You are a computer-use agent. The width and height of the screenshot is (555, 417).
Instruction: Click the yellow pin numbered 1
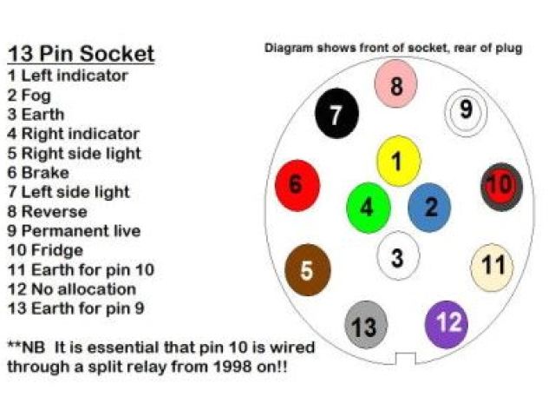pos(398,162)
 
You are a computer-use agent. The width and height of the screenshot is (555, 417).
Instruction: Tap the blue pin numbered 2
pos(430,207)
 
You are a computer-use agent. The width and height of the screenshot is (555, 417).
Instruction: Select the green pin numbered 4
pos(368,208)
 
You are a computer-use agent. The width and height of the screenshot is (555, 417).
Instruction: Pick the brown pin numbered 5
pos(307,269)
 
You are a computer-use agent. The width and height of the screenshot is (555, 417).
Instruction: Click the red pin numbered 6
pos(297,185)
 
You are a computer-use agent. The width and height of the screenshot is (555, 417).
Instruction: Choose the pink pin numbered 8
pos(396,85)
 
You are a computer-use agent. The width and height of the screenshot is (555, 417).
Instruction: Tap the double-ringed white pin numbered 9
pos(466,110)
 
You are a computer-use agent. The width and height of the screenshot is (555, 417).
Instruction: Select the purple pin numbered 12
pos(447,323)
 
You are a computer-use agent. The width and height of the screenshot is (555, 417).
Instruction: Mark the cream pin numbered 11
pos(493,266)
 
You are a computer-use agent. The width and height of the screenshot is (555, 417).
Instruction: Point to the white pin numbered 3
pos(398,256)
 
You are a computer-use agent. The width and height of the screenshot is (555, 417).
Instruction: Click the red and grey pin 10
pos(501,185)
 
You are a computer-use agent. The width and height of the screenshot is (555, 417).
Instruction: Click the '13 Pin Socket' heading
pos(81,54)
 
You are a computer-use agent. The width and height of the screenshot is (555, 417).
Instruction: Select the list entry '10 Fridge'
pos(45,250)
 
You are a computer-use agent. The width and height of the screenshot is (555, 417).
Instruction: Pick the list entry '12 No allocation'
pos(71,288)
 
